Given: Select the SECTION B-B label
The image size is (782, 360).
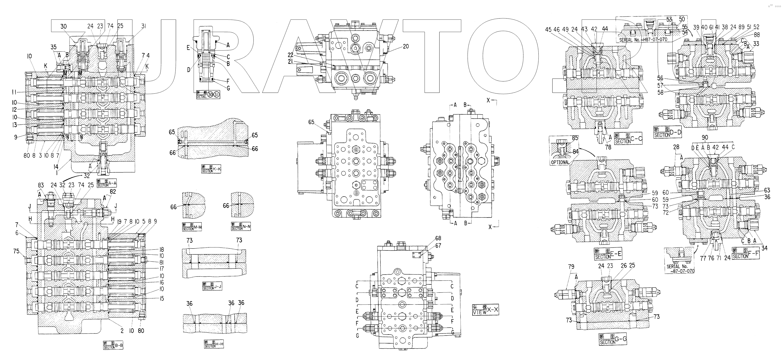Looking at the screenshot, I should (x=113, y=345).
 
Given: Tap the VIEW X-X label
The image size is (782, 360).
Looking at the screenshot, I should (x=486, y=310).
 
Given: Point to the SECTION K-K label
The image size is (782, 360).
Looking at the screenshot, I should (x=211, y=169).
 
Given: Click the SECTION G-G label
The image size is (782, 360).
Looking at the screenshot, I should (x=613, y=339).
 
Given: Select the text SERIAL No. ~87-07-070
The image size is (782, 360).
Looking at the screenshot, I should (x=680, y=269).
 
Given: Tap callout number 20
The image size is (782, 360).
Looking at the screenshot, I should (x=406, y=46).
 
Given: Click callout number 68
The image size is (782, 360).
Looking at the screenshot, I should (x=438, y=238).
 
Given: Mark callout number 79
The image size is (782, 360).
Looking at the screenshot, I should (x=571, y=267).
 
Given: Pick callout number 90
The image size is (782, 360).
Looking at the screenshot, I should (x=705, y=137).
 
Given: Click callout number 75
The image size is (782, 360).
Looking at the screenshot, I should (x=16, y=251).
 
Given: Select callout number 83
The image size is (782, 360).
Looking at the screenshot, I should (x=41, y=185).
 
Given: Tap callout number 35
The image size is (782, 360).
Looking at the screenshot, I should (x=53, y=47).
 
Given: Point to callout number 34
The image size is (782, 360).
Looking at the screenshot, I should (x=764, y=248).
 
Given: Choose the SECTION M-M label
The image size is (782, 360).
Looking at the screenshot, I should (x=192, y=227).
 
